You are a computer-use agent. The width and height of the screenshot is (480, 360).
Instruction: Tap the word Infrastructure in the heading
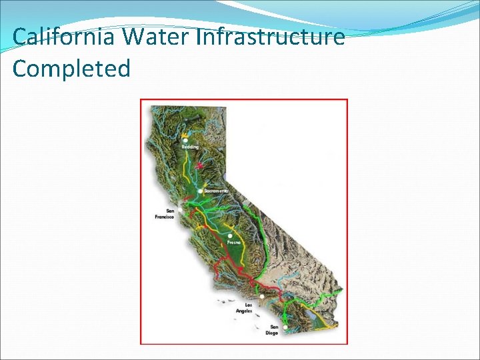(x=270, y=37)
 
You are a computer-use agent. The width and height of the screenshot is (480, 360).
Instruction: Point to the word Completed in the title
(x=71, y=69)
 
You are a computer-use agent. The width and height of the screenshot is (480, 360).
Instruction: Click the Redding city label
(x=190, y=147)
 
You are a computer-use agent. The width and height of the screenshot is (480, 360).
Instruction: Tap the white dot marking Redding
(x=185, y=141)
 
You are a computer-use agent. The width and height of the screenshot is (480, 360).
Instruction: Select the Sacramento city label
(x=216, y=191)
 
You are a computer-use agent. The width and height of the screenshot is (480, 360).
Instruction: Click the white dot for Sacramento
(x=200, y=191)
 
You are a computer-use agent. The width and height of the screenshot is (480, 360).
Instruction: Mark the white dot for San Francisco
(x=179, y=209)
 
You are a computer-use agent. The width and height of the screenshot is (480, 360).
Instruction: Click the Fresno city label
(x=233, y=243)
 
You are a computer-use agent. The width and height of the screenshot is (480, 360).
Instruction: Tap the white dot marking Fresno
(x=230, y=235)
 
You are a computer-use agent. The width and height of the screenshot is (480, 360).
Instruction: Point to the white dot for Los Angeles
(x=262, y=296)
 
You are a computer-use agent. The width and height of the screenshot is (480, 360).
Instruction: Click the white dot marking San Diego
(x=285, y=327)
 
